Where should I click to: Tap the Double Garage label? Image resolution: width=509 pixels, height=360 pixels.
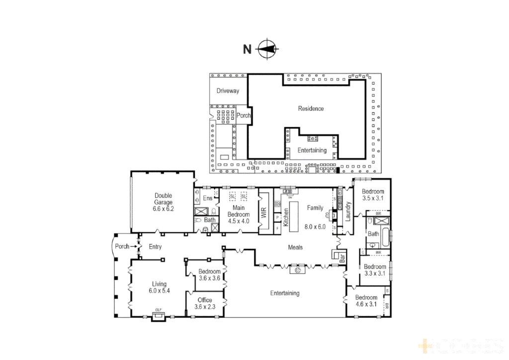(163, 202)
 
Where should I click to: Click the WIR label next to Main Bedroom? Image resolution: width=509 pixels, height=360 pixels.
(264, 213)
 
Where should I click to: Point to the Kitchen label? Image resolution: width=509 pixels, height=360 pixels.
(285, 218)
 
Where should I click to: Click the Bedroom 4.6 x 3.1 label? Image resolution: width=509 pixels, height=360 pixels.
(366, 301)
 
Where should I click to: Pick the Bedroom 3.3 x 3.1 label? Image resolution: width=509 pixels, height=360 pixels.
(374, 270)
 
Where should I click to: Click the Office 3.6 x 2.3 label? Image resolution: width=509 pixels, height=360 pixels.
(205, 303)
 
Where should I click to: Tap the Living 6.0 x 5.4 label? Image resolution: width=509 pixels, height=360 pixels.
(159, 287)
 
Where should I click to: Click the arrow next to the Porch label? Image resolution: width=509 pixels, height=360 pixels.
(133, 246)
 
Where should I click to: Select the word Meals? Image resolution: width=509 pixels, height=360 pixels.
(295, 247)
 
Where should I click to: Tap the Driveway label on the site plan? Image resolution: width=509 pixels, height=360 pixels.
(228, 91)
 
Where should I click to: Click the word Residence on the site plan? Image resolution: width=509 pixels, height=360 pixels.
(311, 108)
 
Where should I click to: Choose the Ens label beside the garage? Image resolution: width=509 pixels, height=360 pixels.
(208, 198)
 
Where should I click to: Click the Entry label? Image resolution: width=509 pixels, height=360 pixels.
(155, 247)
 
